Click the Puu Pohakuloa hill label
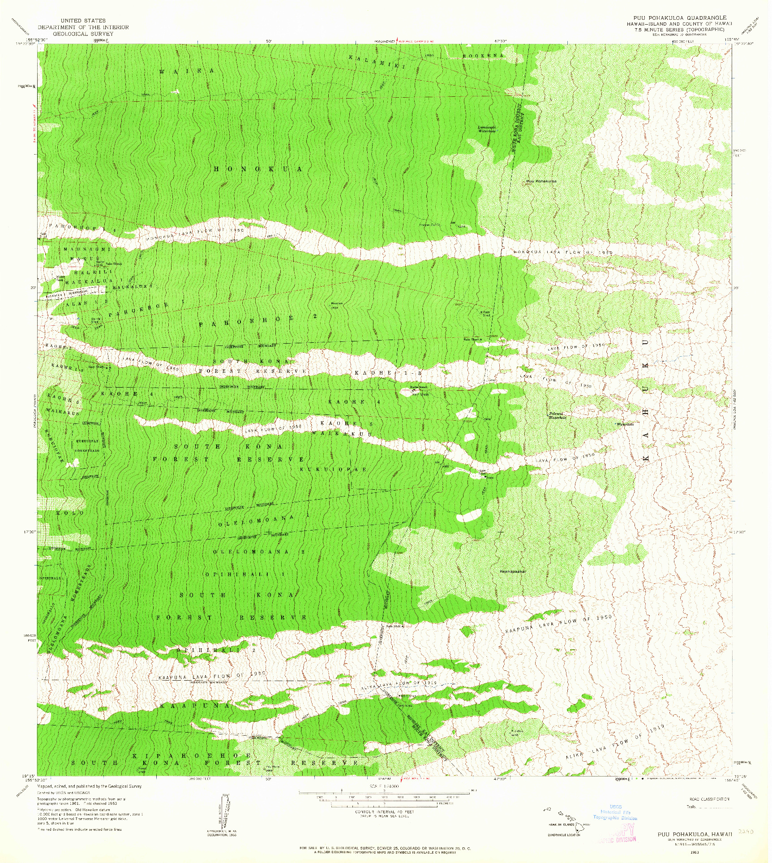[x=541, y=181]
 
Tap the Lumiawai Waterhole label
[x=487, y=129]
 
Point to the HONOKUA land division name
[x=258, y=169]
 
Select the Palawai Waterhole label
[x=557, y=415]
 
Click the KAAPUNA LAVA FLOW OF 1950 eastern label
[x=558, y=624]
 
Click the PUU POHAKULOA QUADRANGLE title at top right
[x=676, y=18]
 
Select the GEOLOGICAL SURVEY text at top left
[x=83, y=34]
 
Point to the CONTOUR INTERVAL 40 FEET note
[x=385, y=811]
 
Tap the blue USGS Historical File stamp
[x=615, y=812]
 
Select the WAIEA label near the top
[x=187, y=71]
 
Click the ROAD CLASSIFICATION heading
[x=709, y=798]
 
